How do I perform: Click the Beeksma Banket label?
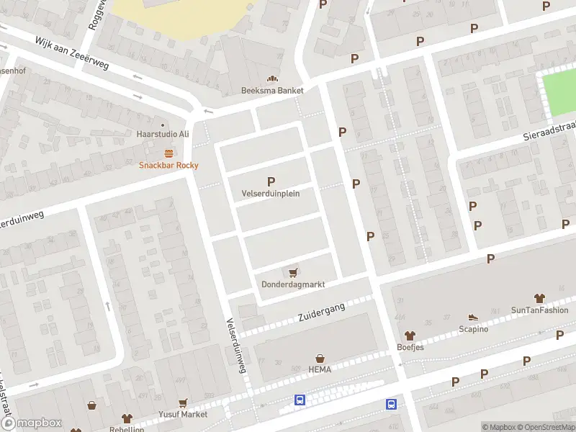272,91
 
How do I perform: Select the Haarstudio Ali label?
163,134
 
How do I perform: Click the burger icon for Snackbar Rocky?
168,153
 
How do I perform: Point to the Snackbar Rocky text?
168,165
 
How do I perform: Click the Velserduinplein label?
271,194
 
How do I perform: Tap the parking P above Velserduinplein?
271,182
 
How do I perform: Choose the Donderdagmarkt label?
293,284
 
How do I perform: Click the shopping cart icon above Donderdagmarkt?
293,272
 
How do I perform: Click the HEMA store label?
320,369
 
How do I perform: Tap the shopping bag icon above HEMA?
320,358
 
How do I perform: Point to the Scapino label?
473,329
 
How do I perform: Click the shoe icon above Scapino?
473,317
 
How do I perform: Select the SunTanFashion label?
539,310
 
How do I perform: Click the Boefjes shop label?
410,347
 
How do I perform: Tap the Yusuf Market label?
184,414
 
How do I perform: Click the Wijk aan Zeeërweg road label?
72,54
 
